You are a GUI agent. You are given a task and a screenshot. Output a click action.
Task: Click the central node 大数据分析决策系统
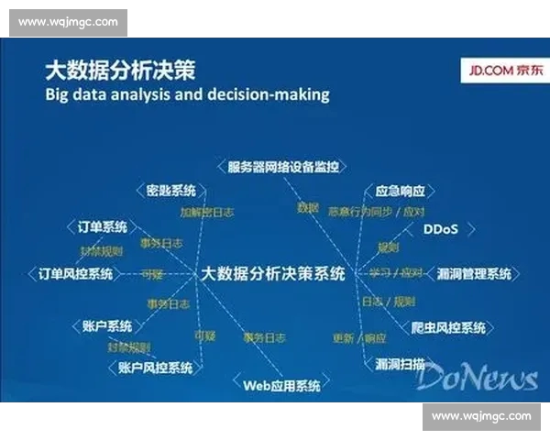273,273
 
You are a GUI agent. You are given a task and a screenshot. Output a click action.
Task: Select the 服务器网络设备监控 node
283,166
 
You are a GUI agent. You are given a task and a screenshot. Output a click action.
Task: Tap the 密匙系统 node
171,191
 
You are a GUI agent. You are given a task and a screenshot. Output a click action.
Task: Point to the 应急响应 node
401,192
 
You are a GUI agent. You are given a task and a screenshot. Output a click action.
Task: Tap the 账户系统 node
107,325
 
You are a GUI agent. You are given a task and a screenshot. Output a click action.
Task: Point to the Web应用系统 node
281,385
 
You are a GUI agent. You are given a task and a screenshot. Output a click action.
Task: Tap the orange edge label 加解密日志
206,212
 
